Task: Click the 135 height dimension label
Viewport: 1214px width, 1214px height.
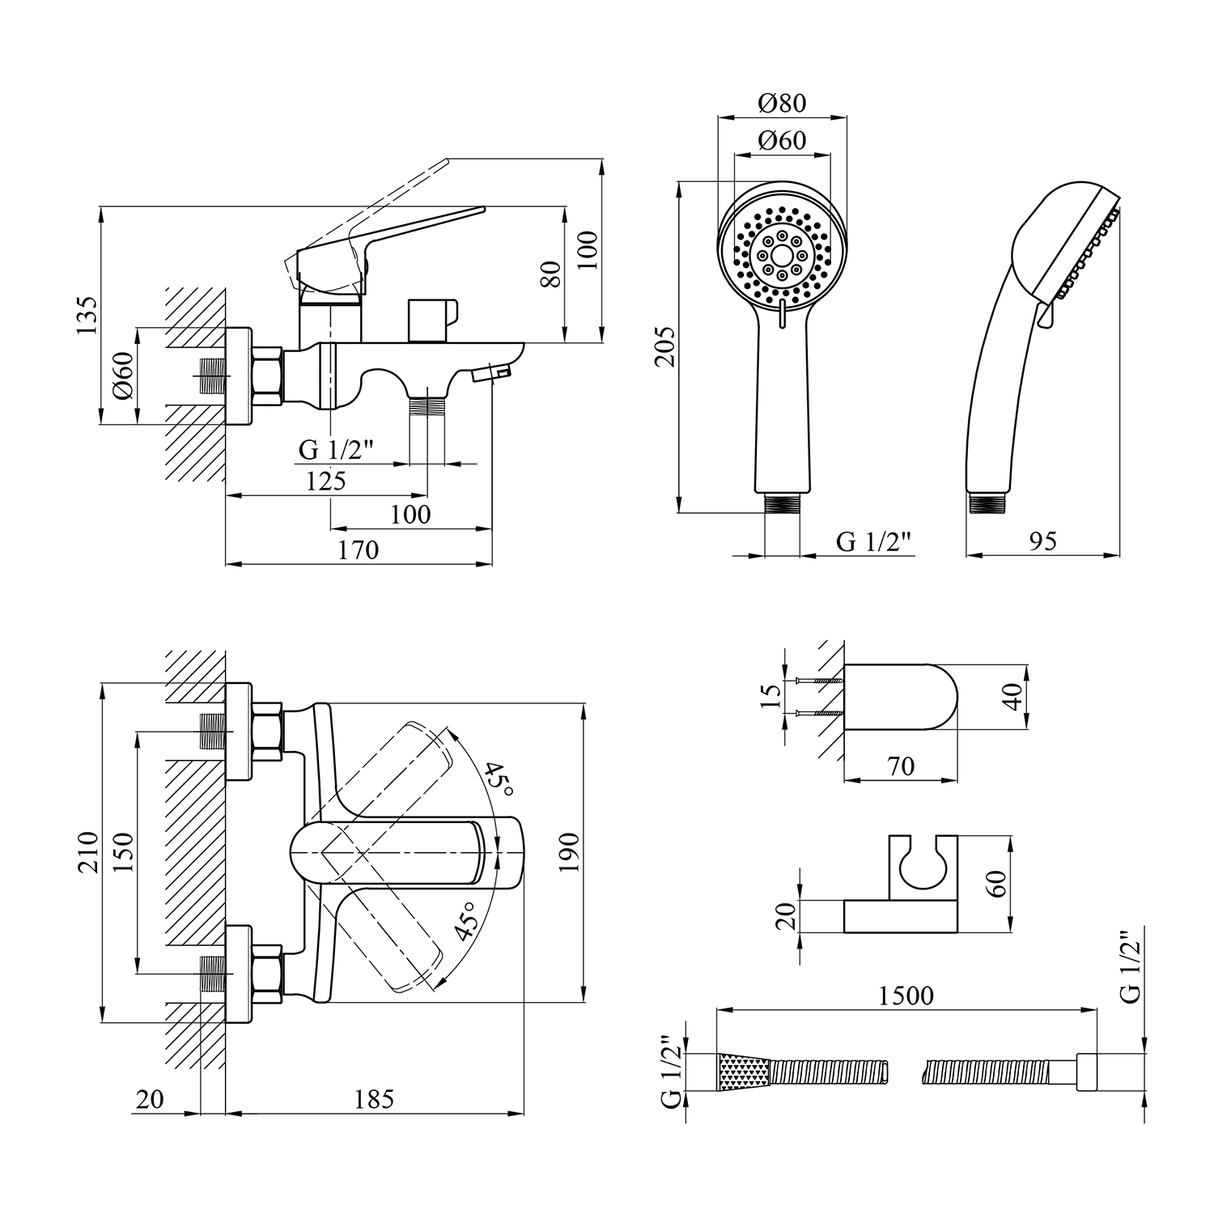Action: pyautogui.click(x=88, y=316)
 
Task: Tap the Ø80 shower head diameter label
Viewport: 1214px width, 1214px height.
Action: pyautogui.click(x=782, y=103)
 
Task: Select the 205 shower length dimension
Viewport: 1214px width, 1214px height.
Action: pyautogui.click(x=664, y=346)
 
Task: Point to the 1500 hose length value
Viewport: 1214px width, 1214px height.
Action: pyautogui.click(x=906, y=995)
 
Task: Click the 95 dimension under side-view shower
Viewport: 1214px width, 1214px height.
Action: pyautogui.click(x=1042, y=541)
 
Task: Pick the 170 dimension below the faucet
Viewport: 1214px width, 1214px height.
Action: pyautogui.click(x=359, y=550)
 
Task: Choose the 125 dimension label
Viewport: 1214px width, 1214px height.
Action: pyautogui.click(x=326, y=481)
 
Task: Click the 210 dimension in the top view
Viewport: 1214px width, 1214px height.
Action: pyautogui.click(x=88, y=851)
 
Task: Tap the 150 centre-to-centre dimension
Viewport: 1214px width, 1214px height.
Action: pyautogui.click(x=123, y=851)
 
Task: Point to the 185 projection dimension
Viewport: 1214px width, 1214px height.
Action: pyautogui.click(x=374, y=1099)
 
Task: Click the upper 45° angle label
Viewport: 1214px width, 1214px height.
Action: pyautogui.click(x=499, y=783)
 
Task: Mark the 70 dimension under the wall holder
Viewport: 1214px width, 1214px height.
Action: pyautogui.click(x=901, y=766)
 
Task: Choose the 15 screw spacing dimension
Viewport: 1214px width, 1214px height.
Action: pyautogui.click(x=772, y=695)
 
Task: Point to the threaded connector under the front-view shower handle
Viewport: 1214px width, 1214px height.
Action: pyautogui.click(x=783, y=504)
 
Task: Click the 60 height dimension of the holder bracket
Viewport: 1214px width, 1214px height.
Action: pyautogui.click(x=999, y=883)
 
